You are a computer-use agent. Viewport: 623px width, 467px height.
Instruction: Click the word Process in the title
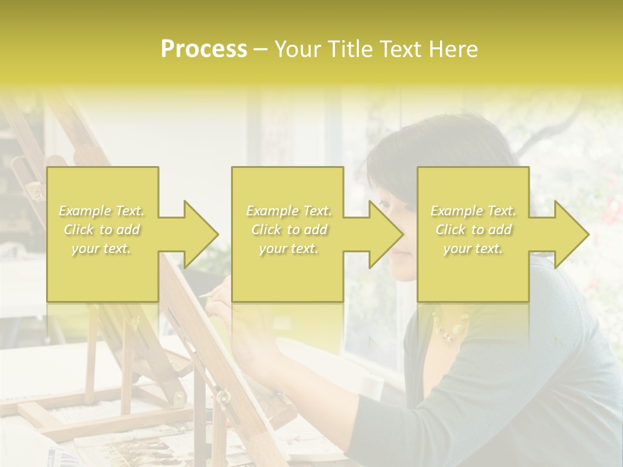pos(204,49)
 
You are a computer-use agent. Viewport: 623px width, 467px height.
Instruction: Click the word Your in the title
pos(296,49)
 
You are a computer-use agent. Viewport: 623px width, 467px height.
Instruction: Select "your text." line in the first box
pos(102,248)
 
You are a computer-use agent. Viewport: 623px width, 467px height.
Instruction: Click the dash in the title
pos(260,50)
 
